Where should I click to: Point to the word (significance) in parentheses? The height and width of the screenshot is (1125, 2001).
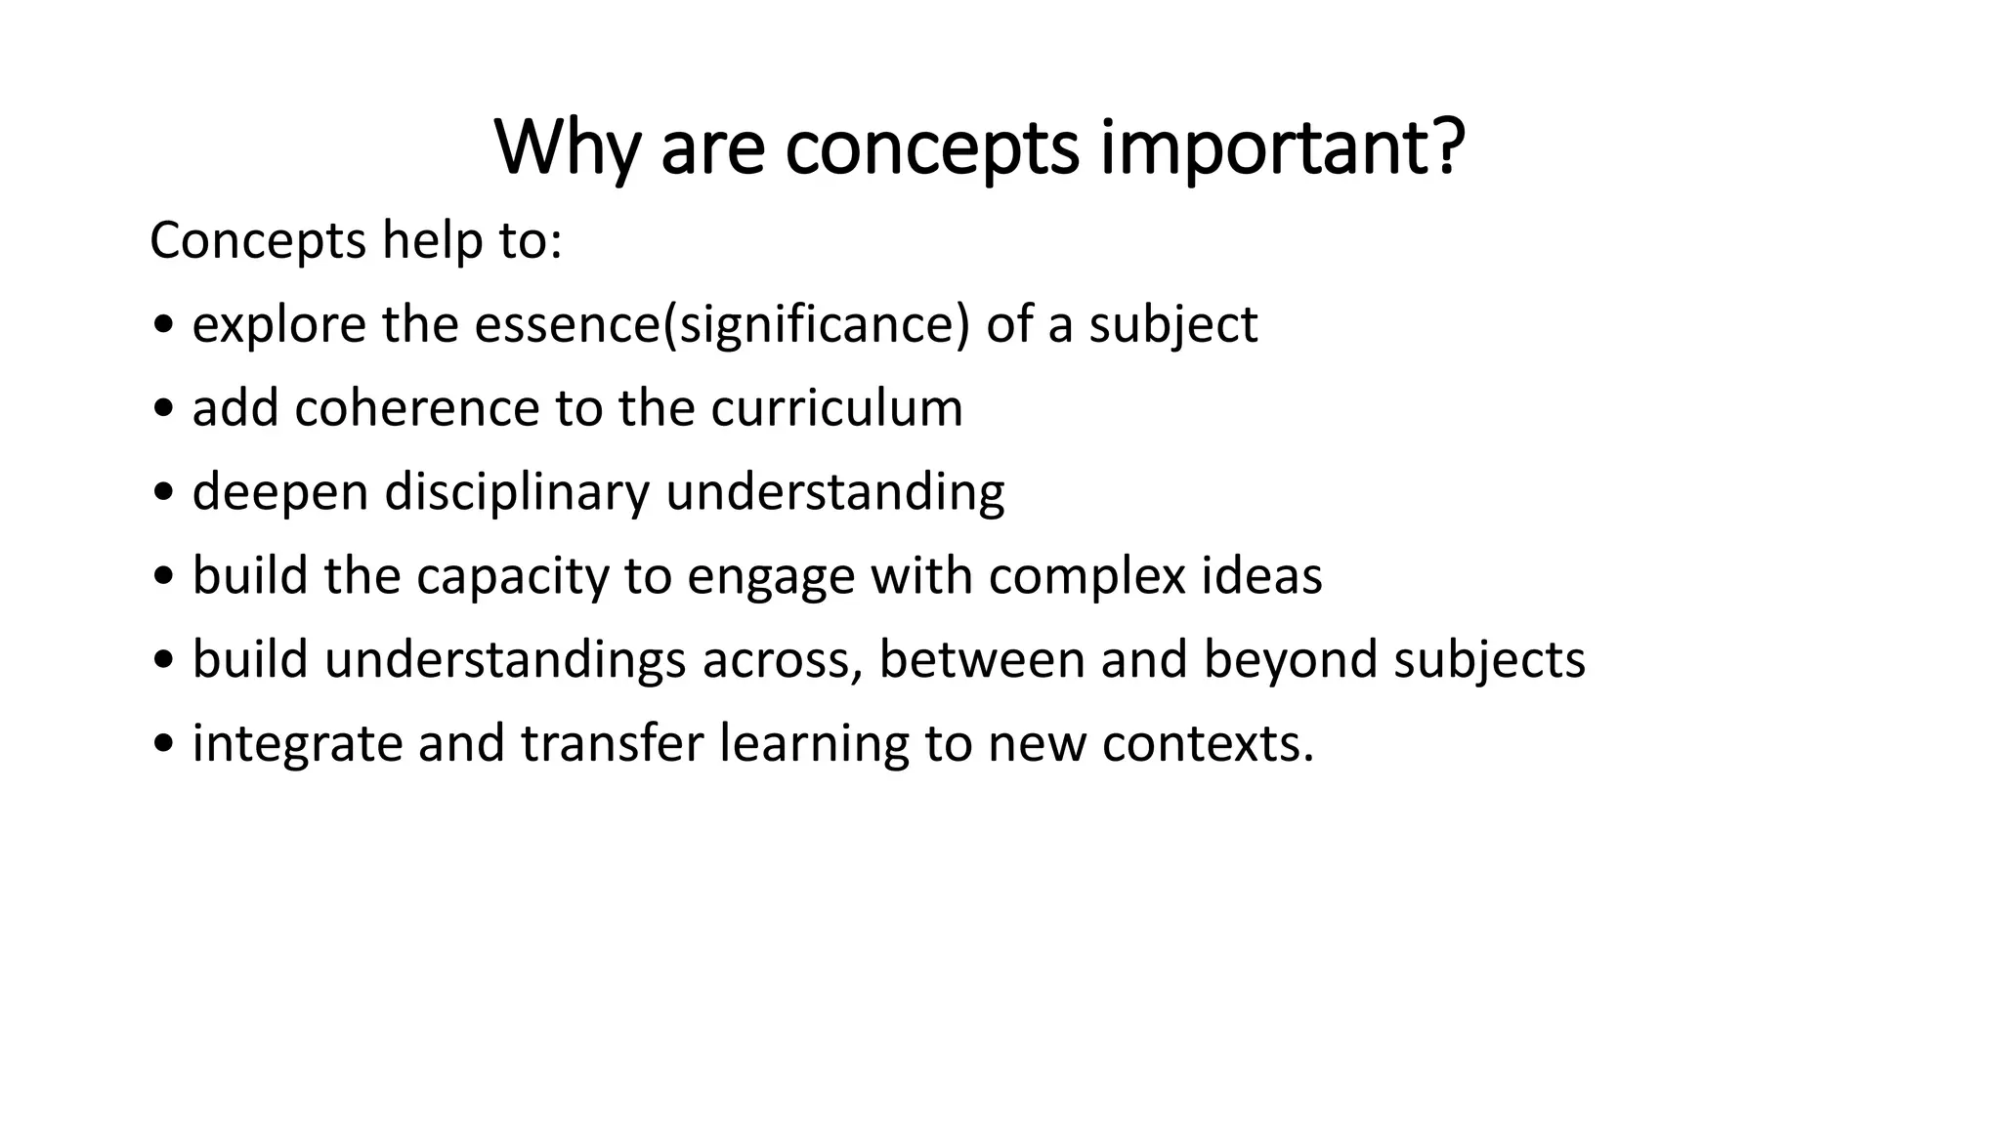816,324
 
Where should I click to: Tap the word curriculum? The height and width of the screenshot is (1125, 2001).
836,408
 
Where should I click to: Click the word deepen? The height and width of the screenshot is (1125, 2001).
280,492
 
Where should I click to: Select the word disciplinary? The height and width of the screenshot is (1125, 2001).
517,492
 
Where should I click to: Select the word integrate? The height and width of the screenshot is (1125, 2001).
297,744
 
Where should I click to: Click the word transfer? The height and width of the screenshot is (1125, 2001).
612,744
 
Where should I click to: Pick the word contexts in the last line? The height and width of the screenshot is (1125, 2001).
1208,744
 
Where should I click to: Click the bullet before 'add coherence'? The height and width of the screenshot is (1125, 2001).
163,411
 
